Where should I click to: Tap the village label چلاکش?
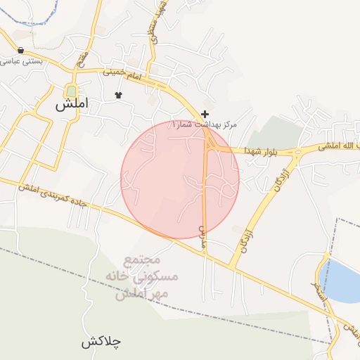click(101, 342)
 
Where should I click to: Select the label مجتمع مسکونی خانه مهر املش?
click(147, 277)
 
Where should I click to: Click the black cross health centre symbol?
click(205, 114)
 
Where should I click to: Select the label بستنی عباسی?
click(20, 62)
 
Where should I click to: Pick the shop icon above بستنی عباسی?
click(20, 51)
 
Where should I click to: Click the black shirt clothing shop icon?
click(117, 94)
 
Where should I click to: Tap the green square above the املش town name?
click(71, 91)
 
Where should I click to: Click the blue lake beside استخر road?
click(340, 280)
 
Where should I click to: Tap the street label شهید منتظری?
click(156, 21)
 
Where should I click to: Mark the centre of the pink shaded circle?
click(180, 179)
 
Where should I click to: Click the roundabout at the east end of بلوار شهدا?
click(296, 150)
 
